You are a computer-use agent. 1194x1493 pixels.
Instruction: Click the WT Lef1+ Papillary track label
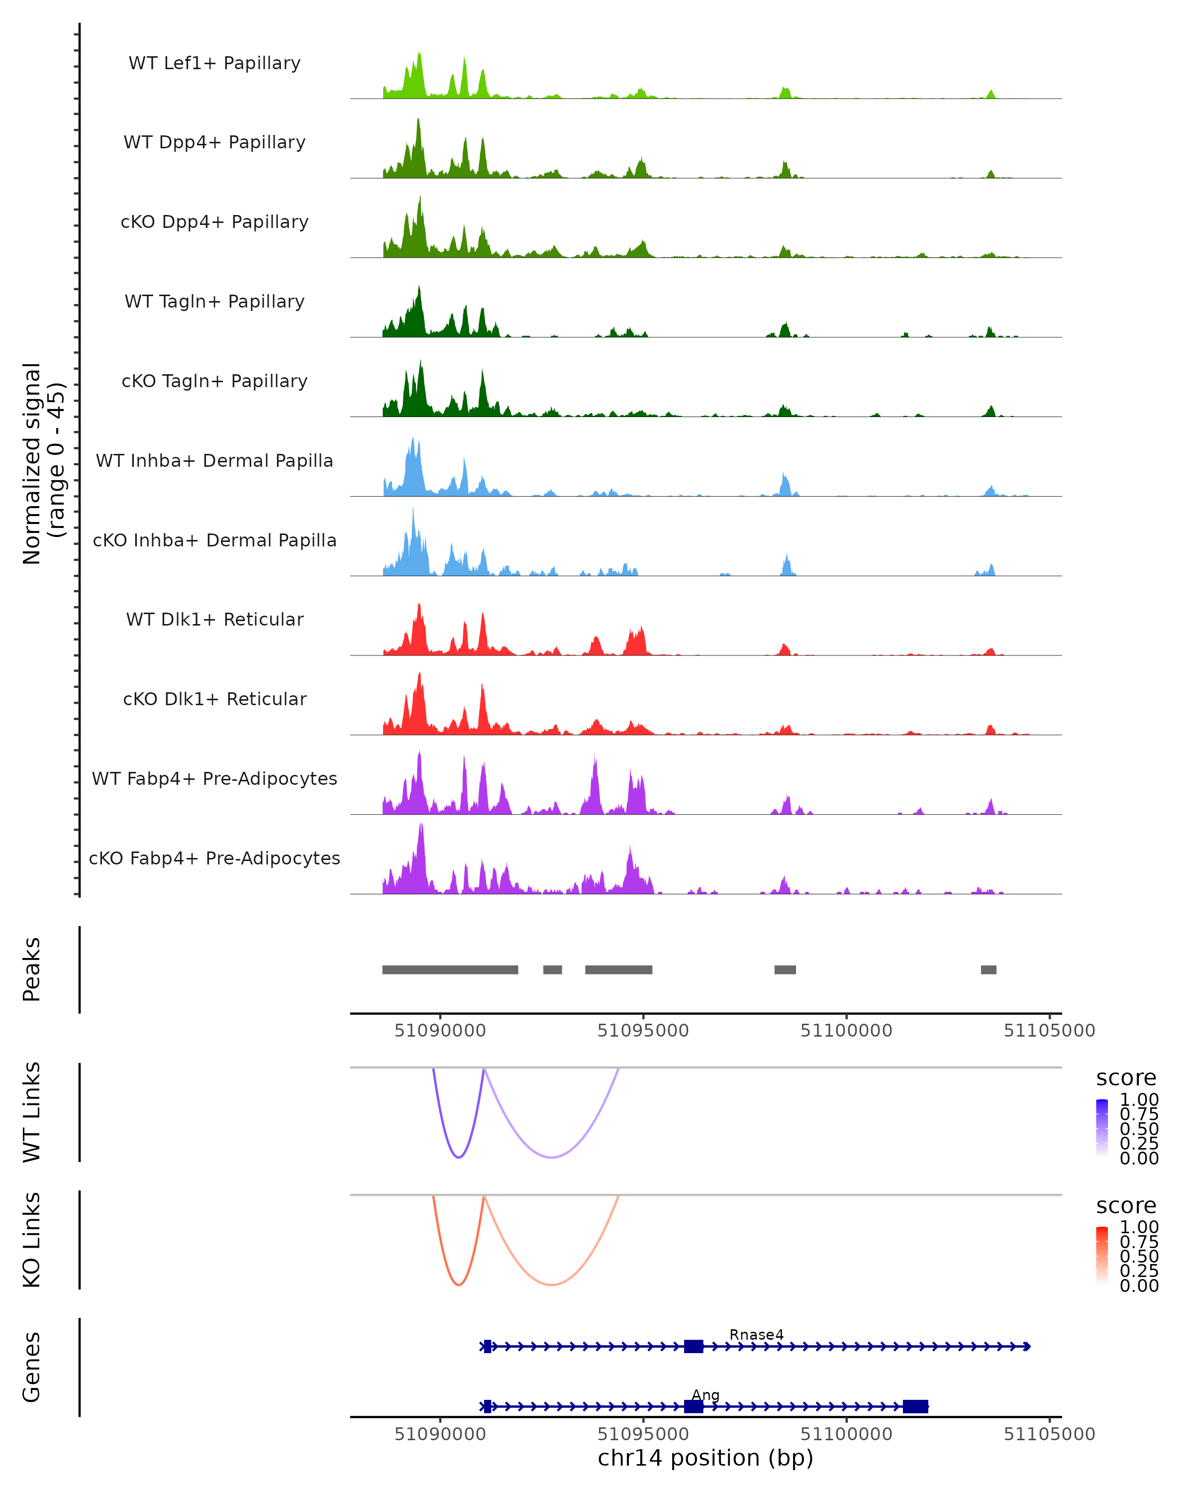pyautogui.click(x=214, y=63)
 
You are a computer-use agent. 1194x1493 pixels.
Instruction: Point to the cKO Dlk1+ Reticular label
pyautogui.click(x=214, y=699)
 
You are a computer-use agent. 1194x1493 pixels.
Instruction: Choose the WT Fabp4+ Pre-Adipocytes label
pyautogui.click(x=214, y=778)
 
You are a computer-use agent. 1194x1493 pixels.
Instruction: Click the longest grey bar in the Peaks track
pyautogui.click(x=450, y=969)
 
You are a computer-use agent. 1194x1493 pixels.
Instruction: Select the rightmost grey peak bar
pyautogui.click(x=989, y=969)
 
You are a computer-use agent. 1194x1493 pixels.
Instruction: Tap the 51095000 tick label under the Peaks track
pyautogui.click(x=643, y=1031)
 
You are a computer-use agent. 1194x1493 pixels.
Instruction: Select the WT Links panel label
pyautogui.click(x=32, y=1112)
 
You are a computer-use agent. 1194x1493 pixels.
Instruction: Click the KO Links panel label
pyautogui.click(x=32, y=1240)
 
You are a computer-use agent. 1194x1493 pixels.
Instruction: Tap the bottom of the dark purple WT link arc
pyautogui.click(x=458, y=1157)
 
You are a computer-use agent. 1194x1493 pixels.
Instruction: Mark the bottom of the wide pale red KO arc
pyautogui.click(x=551, y=1284)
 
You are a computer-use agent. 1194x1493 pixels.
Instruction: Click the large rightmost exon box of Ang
pyautogui.click(x=915, y=1406)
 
